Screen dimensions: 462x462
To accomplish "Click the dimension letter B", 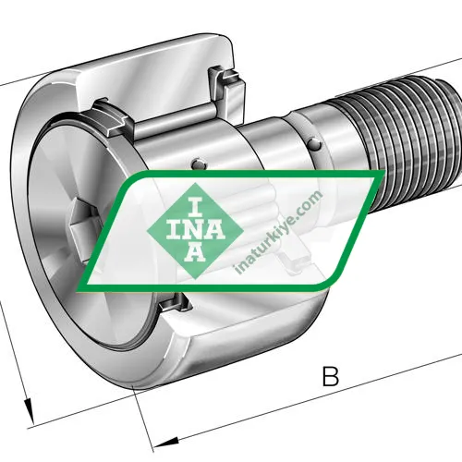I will [x=330, y=376].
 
